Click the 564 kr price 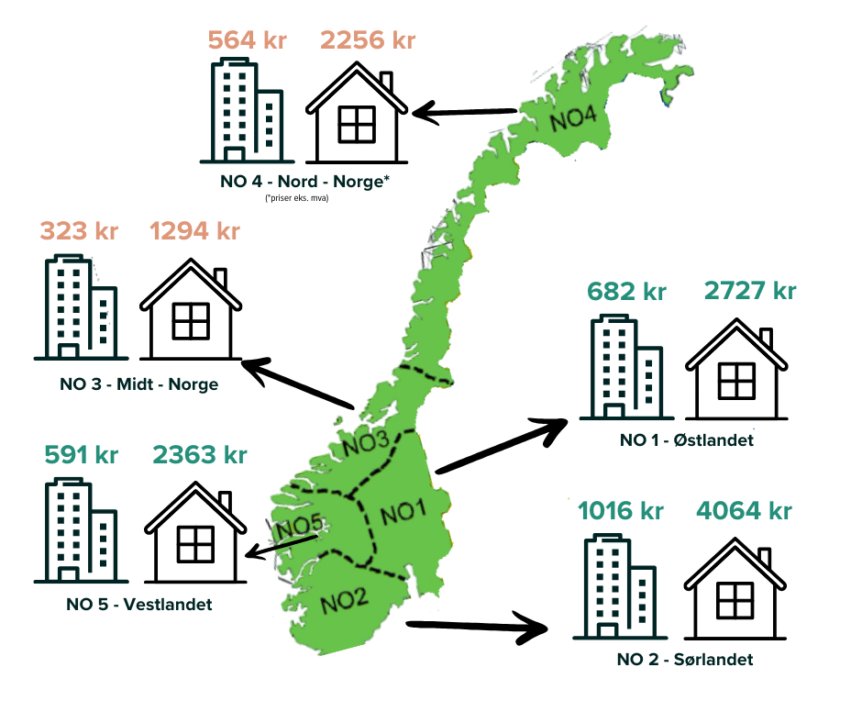click(x=247, y=40)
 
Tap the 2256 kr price click(x=368, y=40)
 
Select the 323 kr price click(x=79, y=230)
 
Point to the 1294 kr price click(x=194, y=230)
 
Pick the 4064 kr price click(x=744, y=510)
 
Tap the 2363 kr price click(x=199, y=453)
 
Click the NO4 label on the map click(x=573, y=120)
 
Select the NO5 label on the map click(x=300, y=528)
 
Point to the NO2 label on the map click(x=345, y=600)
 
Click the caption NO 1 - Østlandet click(x=686, y=440)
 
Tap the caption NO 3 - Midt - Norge click(x=138, y=384)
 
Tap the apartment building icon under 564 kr click(x=244, y=111)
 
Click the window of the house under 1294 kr click(x=191, y=319)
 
